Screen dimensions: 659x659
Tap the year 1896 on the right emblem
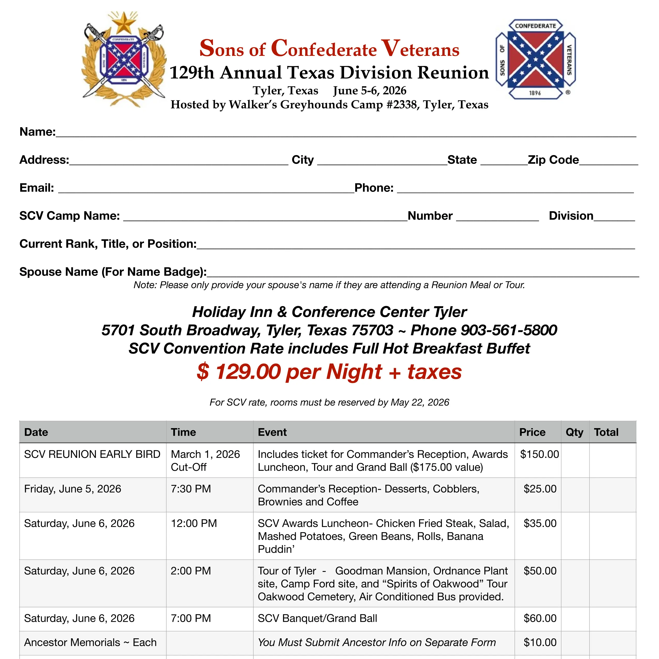535,93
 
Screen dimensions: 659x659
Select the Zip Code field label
553,160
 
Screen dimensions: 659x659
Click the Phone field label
374,188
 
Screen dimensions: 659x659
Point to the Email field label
36,188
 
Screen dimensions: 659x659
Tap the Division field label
571,216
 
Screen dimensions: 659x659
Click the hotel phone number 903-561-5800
509,330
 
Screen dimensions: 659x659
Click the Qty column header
574,432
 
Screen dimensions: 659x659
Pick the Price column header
532,432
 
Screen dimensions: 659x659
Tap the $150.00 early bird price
539,454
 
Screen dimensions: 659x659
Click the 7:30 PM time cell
191,489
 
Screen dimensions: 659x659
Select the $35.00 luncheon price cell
540,523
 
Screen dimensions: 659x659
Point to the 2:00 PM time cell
191,571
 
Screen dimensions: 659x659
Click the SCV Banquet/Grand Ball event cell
317,618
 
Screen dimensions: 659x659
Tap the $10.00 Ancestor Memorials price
540,642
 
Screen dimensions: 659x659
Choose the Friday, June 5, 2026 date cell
72,489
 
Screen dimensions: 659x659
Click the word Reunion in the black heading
453,73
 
